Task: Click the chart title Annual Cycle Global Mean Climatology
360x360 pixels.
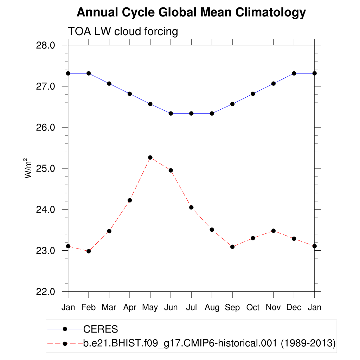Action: pos(191,13)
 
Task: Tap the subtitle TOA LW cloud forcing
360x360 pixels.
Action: pos(123,31)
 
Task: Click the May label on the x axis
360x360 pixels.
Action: pos(150,308)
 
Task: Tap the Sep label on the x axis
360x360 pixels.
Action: pos(232,308)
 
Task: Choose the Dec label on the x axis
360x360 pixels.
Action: pos(294,308)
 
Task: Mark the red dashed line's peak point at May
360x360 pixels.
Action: pos(150,157)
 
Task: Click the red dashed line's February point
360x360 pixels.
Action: pos(89,251)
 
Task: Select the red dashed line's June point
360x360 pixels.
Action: pos(171,171)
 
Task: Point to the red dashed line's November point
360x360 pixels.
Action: pos(274,231)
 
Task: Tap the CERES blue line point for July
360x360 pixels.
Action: pos(191,114)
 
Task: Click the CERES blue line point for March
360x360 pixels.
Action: pos(109,84)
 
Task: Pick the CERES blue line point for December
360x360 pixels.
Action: pos(294,73)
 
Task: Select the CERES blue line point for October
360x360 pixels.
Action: pos(253,94)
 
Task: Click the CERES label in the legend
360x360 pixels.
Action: pos(101,329)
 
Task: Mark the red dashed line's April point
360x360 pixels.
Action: pos(130,200)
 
